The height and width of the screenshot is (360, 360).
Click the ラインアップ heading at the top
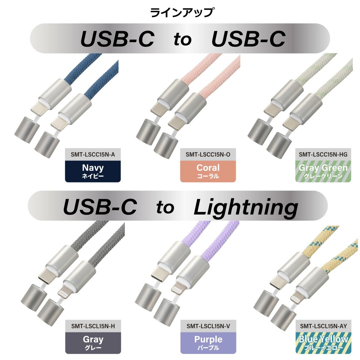click(181, 13)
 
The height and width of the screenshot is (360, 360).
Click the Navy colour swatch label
click(93, 171)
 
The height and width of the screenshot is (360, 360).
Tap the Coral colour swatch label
click(208, 171)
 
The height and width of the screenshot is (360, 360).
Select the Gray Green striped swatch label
click(323, 171)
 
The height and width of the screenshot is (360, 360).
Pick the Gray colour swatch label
click(93, 343)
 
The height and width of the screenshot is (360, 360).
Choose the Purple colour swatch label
click(208, 343)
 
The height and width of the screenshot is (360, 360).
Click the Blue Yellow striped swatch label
click(323, 343)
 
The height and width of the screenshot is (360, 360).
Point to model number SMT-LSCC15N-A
click(93, 154)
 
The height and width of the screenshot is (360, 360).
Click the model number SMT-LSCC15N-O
click(208, 154)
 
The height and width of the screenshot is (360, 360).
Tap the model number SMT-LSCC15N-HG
click(323, 154)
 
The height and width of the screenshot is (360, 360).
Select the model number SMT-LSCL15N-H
click(93, 326)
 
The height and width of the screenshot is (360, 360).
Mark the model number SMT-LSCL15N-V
click(208, 326)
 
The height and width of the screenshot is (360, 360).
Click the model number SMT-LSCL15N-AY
click(323, 326)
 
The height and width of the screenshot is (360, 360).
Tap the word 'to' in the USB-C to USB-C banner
click(182, 39)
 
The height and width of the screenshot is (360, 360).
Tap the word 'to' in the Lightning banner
click(165, 207)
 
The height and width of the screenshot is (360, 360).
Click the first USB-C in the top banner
click(117, 39)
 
